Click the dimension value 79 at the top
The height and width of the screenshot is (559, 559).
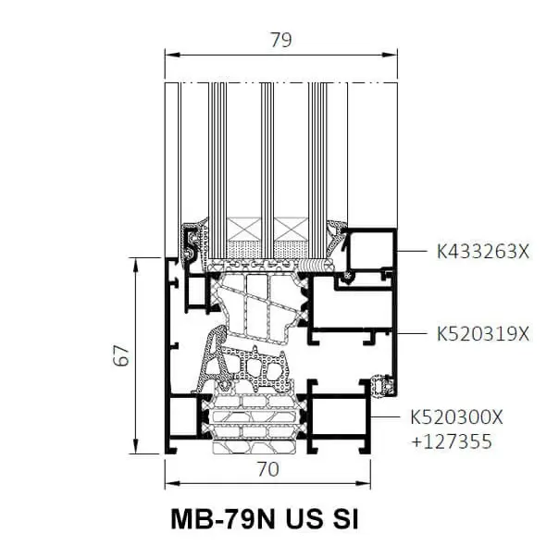(281, 40)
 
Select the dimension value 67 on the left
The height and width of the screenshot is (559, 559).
(121, 355)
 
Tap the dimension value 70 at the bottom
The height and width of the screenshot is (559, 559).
(268, 469)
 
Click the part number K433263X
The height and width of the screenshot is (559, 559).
(483, 252)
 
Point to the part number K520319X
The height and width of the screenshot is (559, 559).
(483, 334)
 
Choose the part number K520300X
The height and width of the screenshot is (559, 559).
(456, 416)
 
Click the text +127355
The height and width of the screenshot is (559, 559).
(452, 441)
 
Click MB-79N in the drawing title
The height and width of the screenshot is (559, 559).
(224, 519)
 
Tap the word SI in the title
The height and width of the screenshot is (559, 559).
(345, 519)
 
